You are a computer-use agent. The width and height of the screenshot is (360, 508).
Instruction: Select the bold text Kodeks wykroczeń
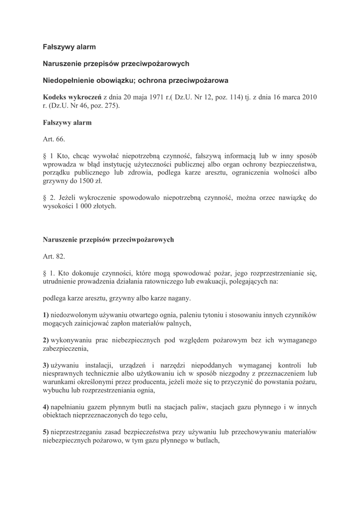(72, 96)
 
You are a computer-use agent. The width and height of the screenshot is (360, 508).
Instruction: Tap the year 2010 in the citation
(306, 96)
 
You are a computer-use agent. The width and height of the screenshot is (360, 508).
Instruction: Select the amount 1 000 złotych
(97, 206)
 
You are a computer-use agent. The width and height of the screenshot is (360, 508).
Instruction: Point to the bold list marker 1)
(46, 315)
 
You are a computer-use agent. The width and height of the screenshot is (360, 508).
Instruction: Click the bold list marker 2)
(46, 340)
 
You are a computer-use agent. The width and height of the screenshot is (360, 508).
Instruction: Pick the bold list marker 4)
(46, 407)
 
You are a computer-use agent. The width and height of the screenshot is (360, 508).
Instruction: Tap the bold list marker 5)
(46, 432)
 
